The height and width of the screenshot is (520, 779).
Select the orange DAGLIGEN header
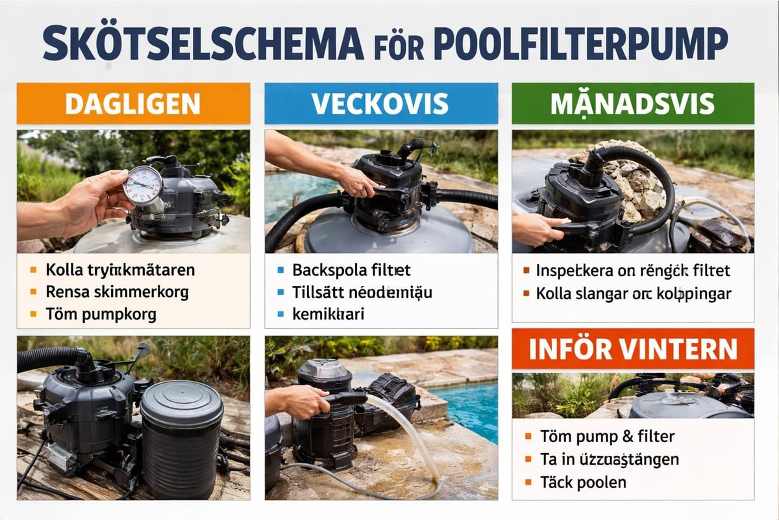133,103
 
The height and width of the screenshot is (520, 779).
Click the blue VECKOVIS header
380,103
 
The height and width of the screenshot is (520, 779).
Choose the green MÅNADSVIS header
632,103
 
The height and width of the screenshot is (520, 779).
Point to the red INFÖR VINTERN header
632,349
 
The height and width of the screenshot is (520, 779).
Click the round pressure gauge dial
142,186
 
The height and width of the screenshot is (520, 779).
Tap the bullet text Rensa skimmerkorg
117,292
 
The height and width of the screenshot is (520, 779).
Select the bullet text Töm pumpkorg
101,314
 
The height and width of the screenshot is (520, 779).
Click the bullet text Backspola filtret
351,270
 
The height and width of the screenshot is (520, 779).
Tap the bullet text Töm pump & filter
608,436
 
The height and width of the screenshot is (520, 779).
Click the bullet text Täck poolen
584,482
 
